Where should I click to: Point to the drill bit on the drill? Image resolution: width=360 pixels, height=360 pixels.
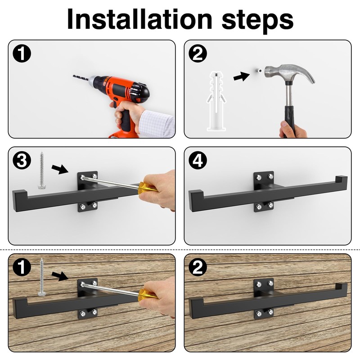(81, 79)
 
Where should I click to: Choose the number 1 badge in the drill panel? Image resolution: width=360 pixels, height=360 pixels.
(22, 55)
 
